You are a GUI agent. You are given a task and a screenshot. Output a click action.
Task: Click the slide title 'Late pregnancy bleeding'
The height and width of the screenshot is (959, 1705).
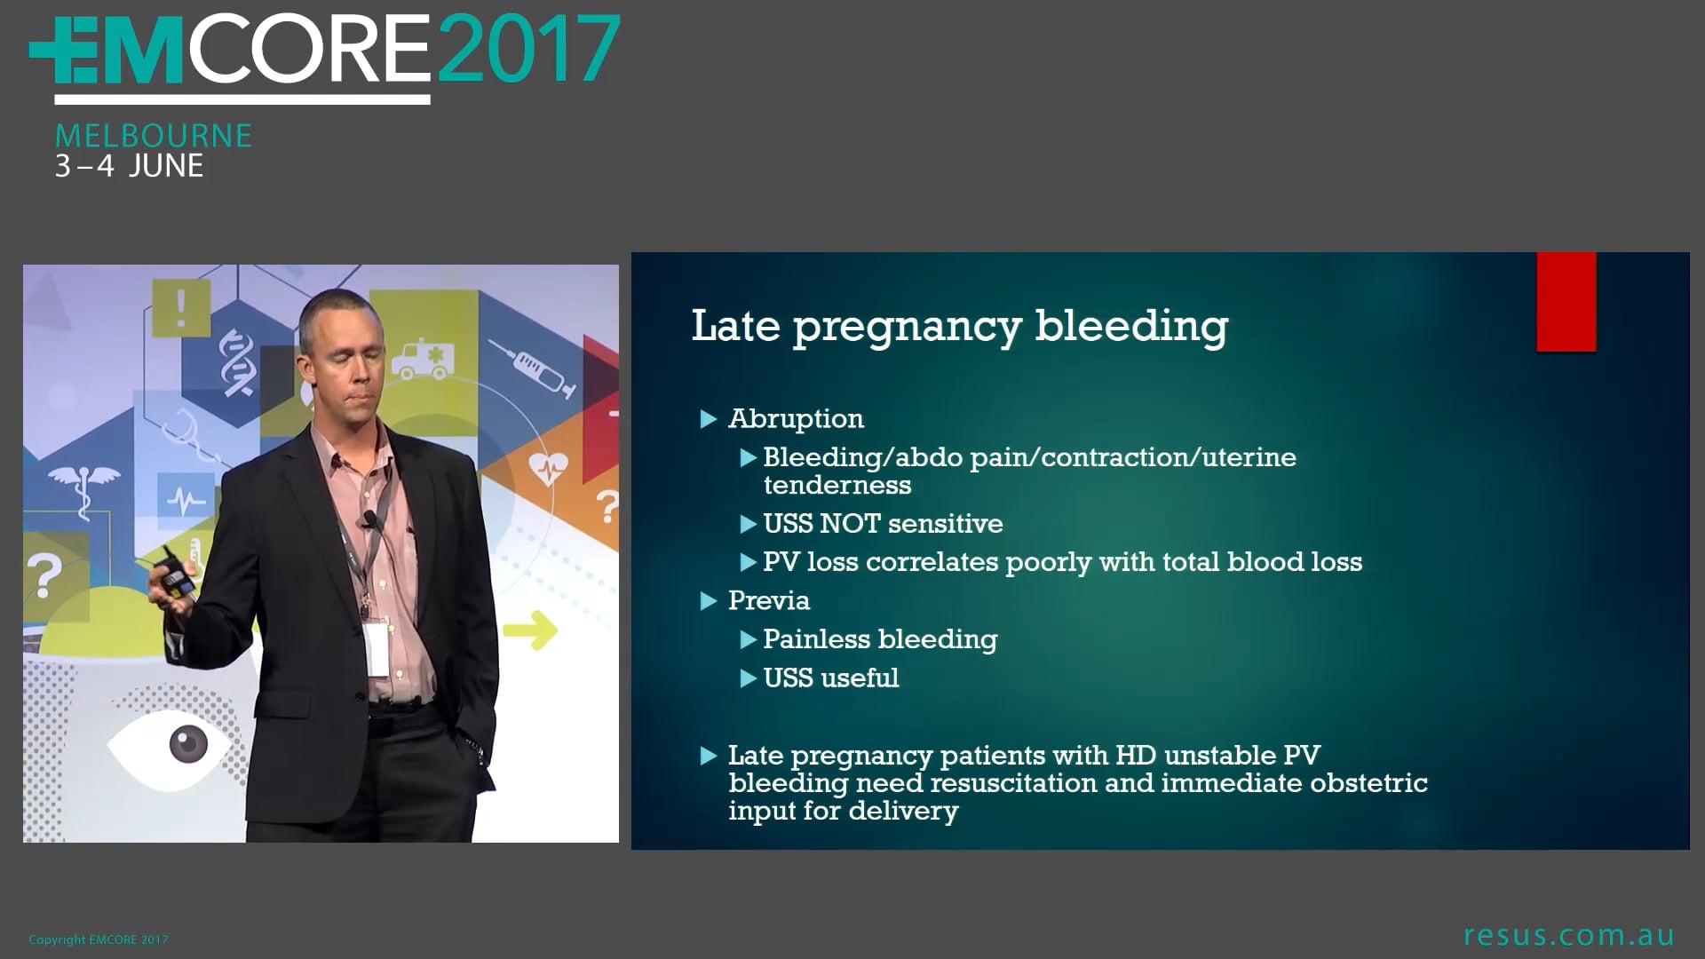point(959,326)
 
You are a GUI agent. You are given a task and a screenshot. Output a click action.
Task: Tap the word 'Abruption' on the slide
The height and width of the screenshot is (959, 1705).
point(796,418)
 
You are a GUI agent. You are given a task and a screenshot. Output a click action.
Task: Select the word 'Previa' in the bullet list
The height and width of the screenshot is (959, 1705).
point(768,600)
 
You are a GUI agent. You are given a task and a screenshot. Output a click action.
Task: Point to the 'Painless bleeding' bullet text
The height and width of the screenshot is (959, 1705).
point(879,639)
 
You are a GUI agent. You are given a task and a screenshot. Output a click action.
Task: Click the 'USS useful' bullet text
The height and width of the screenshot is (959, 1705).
point(830,678)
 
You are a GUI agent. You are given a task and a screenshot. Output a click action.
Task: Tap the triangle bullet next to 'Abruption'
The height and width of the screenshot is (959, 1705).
point(709,419)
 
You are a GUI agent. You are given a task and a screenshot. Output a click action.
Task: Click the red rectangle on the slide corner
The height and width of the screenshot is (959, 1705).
point(1566,302)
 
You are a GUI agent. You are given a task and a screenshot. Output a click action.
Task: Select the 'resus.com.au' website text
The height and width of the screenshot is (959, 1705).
point(1568,935)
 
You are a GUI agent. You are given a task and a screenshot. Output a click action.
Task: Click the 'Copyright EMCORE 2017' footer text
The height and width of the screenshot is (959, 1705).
point(98,939)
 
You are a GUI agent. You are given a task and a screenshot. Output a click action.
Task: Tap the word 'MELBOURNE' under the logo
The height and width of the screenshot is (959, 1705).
point(153,136)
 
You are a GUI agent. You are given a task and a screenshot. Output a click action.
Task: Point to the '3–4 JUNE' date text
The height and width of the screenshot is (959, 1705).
point(129,166)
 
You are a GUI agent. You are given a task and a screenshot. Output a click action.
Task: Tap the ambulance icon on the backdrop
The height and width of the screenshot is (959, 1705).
point(424,358)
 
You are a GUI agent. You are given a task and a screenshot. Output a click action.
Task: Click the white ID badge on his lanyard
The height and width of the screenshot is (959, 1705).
point(377,648)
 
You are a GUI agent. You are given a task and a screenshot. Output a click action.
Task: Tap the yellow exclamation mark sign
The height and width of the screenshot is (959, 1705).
point(181,308)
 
